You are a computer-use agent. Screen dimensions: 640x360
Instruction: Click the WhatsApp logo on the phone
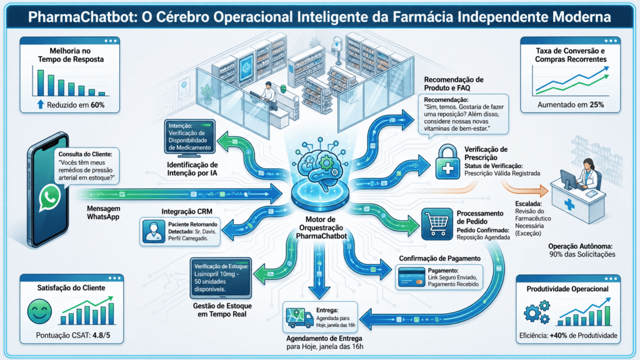(x=50, y=198)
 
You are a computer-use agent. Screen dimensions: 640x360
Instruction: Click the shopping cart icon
(x=437, y=224)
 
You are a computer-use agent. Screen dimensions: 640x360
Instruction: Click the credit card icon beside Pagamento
(x=411, y=277)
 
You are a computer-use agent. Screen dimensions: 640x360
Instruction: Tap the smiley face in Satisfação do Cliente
(x=39, y=311)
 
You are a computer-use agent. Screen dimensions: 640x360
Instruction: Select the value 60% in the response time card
(x=97, y=105)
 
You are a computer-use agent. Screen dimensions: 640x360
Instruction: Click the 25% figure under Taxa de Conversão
(x=596, y=105)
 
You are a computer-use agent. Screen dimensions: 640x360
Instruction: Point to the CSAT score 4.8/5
(x=101, y=336)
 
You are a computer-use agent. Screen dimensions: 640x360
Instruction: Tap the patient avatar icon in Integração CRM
(x=154, y=231)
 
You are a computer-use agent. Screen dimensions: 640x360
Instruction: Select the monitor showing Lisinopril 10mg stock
(x=221, y=278)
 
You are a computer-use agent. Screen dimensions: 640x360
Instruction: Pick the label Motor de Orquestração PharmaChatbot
(x=322, y=227)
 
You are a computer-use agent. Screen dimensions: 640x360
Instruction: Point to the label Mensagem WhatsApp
(x=103, y=212)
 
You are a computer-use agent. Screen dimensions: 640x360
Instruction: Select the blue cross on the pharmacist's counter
(x=569, y=204)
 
